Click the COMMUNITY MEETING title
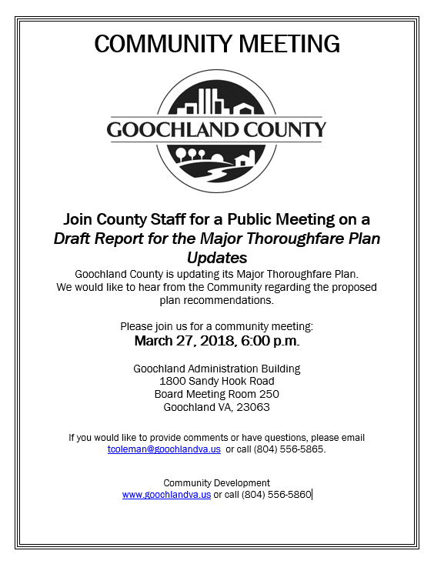216,44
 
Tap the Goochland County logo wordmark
216,129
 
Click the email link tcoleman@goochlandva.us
164,449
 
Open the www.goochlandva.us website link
166,495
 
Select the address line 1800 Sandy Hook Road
216,381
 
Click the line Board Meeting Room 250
216,394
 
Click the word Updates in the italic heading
216,257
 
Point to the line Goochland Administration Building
216,369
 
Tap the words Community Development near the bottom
216,483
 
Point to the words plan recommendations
216,300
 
